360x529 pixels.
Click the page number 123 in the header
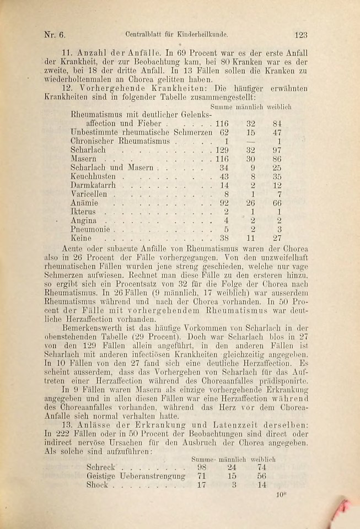pos(300,35)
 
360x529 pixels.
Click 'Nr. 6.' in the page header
pos(55,35)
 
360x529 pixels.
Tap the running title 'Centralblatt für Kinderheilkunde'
pos(176,35)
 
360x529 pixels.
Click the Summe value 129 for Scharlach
pos(221,150)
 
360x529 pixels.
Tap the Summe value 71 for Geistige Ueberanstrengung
pos(201,476)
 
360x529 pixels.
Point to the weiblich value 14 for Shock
pos(261,485)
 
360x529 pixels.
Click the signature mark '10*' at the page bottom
pos(281,495)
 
